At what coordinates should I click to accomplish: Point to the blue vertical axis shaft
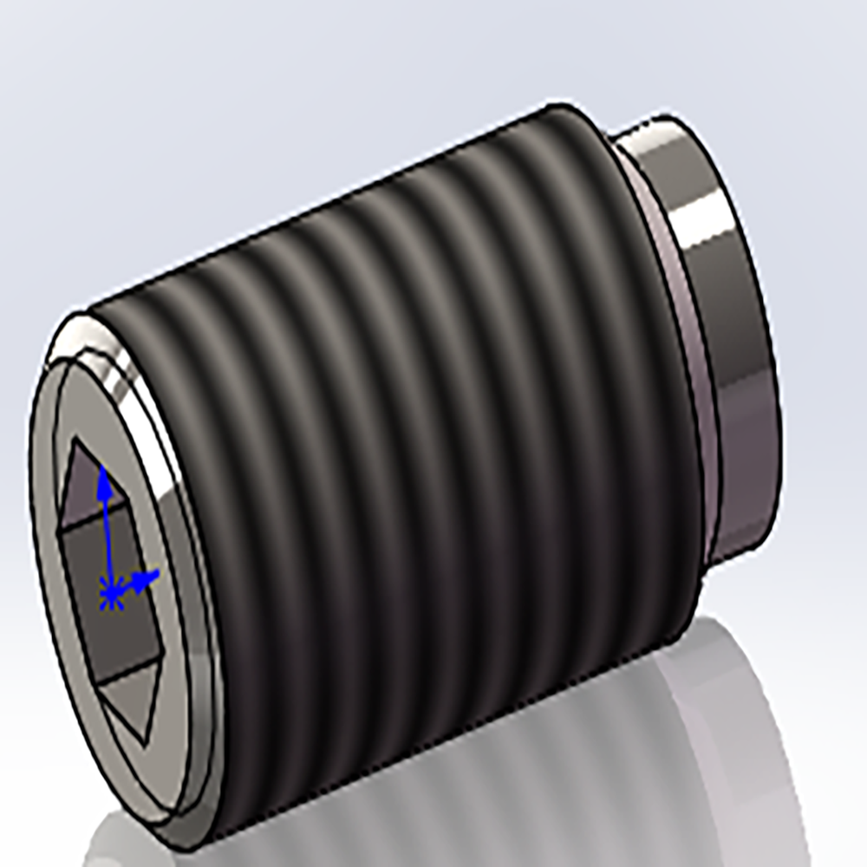(106, 538)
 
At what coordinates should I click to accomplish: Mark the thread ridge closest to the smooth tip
(633, 364)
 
